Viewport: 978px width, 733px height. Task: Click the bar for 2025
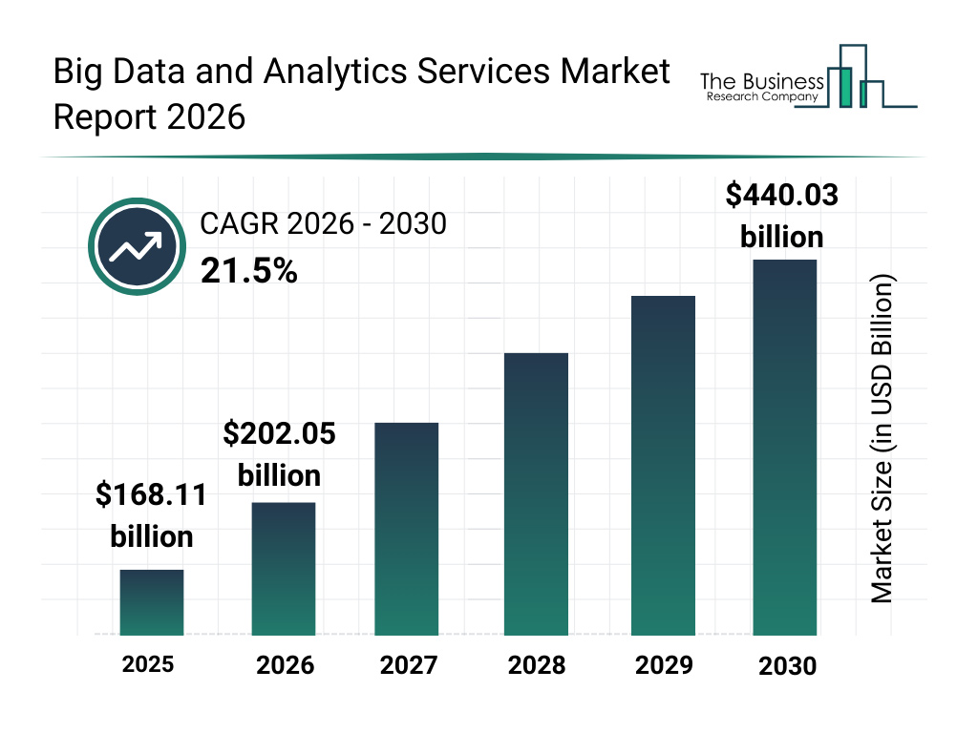tap(151, 602)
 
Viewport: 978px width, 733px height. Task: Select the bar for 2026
tap(283, 569)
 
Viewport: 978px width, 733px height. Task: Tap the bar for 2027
tap(406, 529)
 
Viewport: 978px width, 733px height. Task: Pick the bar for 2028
tap(536, 494)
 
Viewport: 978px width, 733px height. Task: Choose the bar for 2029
tap(663, 466)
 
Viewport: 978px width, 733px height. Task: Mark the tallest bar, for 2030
tap(785, 447)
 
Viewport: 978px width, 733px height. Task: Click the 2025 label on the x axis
tap(148, 664)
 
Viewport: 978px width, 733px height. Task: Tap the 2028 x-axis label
tap(536, 664)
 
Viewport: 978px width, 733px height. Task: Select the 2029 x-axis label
tap(663, 664)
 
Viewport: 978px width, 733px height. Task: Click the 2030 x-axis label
tap(788, 665)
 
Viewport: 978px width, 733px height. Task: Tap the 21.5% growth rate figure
tap(248, 272)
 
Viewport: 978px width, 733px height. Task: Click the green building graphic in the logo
tap(844, 86)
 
